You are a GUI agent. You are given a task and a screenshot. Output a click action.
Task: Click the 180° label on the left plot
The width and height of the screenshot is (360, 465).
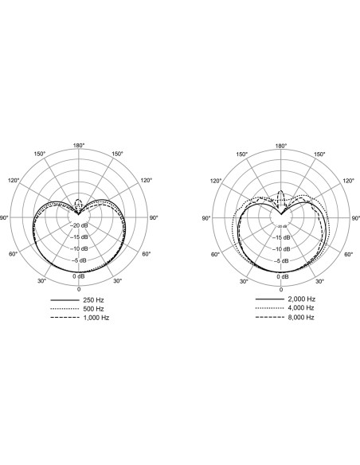coord(79,145)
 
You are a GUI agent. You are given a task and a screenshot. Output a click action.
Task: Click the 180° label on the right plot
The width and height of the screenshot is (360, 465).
coord(281,146)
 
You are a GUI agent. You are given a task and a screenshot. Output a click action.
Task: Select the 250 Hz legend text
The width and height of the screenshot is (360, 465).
coord(93,300)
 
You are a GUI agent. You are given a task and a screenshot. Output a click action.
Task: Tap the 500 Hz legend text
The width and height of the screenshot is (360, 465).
coord(93,309)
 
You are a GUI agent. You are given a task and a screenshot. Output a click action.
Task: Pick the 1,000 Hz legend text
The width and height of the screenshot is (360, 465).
coord(96,318)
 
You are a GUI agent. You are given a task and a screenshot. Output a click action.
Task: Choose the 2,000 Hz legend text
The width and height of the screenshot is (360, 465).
coord(301,299)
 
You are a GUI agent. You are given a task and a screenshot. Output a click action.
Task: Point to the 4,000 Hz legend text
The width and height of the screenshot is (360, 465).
coord(301,308)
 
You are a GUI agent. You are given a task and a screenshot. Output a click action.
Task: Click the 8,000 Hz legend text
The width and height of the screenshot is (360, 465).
coord(301,317)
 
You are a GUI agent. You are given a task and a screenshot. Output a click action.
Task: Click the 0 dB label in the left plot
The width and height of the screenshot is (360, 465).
coord(79,276)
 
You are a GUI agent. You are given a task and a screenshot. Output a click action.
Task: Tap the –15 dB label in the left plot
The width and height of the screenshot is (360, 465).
coord(79,237)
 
